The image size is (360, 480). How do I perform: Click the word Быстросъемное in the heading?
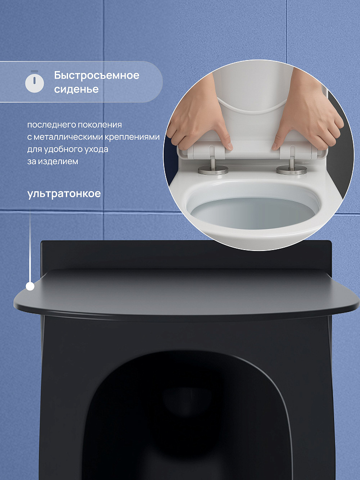(97, 76)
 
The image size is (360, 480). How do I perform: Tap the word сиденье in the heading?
(76, 89)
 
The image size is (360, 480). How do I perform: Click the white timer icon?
(34, 82)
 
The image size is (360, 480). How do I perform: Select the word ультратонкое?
(64, 194)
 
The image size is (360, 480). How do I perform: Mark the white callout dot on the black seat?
(30, 286)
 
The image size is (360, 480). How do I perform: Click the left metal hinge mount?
(213, 166)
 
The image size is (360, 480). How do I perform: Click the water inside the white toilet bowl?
(253, 213)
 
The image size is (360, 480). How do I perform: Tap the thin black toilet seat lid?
(186, 294)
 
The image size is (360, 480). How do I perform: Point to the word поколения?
(100, 125)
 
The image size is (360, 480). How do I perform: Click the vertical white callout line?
(30, 248)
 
